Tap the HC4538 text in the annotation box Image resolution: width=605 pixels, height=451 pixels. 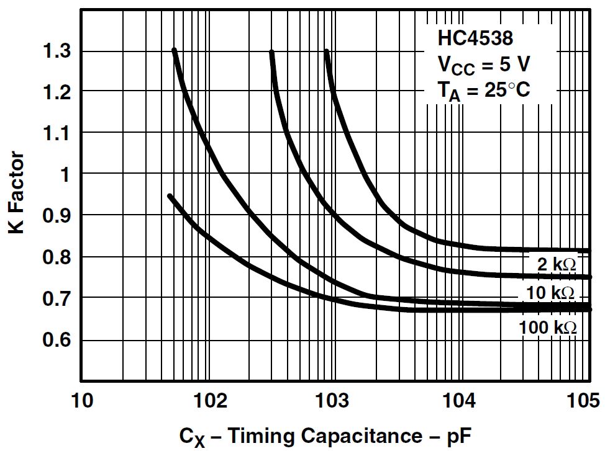pyautogui.click(x=475, y=38)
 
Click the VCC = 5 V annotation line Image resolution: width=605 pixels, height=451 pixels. pyautogui.click(x=485, y=65)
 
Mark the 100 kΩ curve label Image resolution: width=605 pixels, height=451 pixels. pyautogui.click(x=548, y=327)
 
